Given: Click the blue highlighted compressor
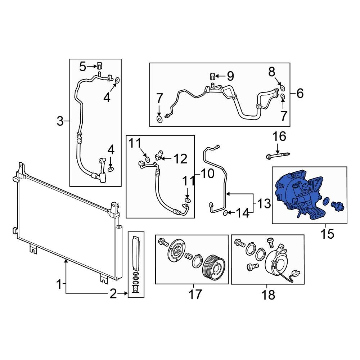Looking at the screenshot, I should pyautogui.click(x=299, y=194).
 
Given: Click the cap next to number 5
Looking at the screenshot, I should pyautogui.click(x=100, y=66).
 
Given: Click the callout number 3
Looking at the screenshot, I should pyautogui.click(x=60, y=121).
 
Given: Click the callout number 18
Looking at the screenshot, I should pyautogui.click(x=269, y=295).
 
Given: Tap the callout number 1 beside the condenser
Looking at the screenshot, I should pyautogui.click(x=59, y=285).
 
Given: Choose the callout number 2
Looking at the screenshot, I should pyautogui.click(x=113, y=294).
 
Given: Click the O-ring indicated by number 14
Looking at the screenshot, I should pyautogui.click(x=225, y=213).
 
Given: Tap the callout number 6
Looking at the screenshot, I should pyautogui.click(x=300, y=94).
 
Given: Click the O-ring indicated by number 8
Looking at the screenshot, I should pyautogui.click(x=283, y=88).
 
